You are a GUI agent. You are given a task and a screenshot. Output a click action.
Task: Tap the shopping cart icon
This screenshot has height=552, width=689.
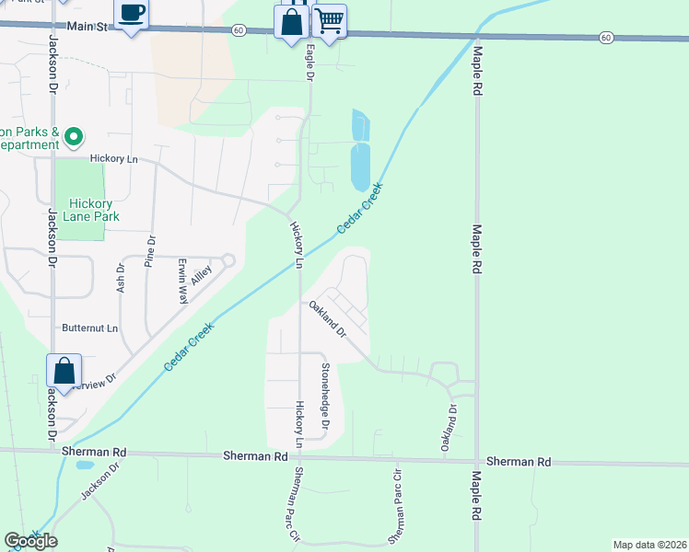click(x=329, y=20)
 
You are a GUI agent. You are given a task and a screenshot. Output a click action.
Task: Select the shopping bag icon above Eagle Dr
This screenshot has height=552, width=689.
click(x=292, y=21)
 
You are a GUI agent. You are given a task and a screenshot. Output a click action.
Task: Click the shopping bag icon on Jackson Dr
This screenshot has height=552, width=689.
click(x=64, y=371)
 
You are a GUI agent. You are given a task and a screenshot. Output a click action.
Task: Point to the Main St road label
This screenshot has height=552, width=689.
click(x=88, y=28)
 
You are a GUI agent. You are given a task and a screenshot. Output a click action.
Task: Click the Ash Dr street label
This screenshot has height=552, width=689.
click(x=121, y=280)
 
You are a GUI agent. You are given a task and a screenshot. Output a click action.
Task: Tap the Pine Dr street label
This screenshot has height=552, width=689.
click(x=151, y=253)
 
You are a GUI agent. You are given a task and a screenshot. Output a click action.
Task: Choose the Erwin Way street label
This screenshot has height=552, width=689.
click(x=183, y=282)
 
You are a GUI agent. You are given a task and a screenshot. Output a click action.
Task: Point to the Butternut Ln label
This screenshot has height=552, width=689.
click(x=90, y=328)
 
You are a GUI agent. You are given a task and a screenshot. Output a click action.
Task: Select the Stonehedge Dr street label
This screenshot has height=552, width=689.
click(x=324, y=386)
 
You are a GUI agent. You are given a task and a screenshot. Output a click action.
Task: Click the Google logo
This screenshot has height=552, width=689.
click(x=30, y=540)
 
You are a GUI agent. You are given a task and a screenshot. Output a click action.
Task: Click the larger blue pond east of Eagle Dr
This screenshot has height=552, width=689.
click(x=360, y=166)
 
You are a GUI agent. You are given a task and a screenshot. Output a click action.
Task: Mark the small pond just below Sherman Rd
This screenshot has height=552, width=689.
click(x=84, y=465)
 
